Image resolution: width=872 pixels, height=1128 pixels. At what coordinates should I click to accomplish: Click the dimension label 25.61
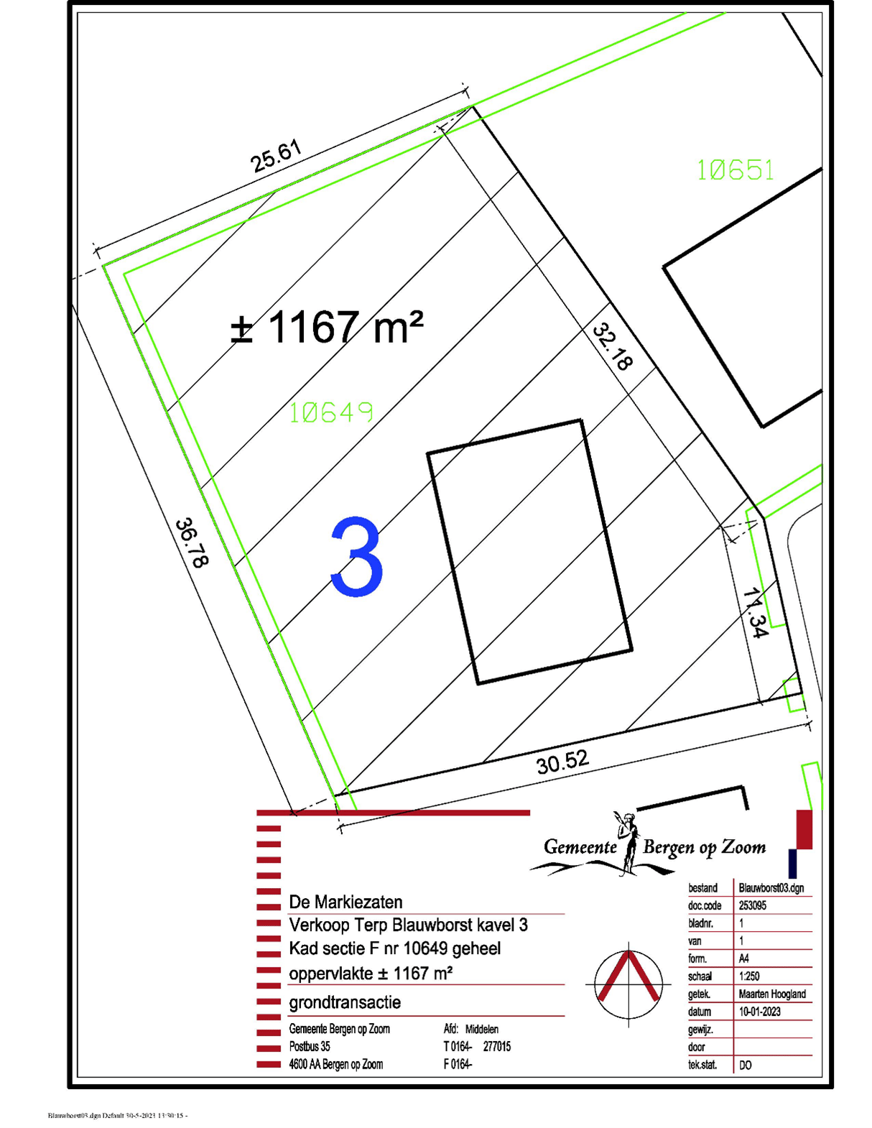(x=277, y=157)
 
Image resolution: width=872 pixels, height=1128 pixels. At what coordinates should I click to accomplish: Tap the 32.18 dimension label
(x=613, y=347)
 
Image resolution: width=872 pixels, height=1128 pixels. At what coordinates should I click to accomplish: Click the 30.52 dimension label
(x=562, y=762)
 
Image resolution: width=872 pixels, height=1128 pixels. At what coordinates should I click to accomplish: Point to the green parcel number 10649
(x=331, y=412)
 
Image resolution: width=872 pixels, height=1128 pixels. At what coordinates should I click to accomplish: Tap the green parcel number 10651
(x=736, y=170)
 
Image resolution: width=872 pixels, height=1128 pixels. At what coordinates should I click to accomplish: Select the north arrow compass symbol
(x=629, y=982)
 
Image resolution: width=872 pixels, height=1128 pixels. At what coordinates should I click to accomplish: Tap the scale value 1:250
(x=749, y=976)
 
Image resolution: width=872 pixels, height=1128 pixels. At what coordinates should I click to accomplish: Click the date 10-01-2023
(x=759, y=1012)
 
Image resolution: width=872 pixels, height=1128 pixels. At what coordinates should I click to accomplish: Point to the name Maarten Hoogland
(x=772, y=994)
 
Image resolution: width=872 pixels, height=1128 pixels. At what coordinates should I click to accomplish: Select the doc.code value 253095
(x=752, y=906)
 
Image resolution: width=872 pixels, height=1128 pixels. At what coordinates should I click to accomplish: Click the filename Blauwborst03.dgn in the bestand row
(x=771, y=888)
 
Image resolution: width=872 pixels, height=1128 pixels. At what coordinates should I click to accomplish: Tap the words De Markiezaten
(x=345, y=902)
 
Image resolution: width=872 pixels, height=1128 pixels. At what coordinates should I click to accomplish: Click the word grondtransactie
(x=345, y=1002)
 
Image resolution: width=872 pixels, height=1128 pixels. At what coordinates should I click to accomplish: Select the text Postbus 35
(x=310, y=1047)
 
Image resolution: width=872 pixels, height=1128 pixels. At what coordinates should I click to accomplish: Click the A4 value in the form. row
(x=743, y=958)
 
